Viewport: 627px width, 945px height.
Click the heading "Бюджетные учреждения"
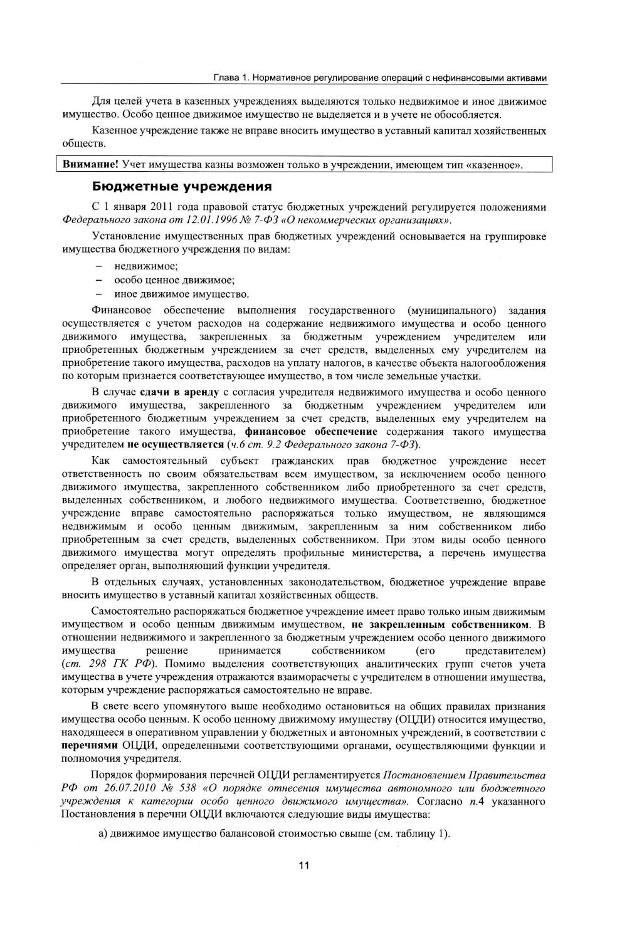tap(182, 186)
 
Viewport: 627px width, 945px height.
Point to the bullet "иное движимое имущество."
tap(182, 294)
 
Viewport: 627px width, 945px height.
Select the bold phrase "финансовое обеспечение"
tap(311, 432)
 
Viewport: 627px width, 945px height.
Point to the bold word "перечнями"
tap(90, 746)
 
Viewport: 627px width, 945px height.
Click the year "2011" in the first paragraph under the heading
tap(164, 207)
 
